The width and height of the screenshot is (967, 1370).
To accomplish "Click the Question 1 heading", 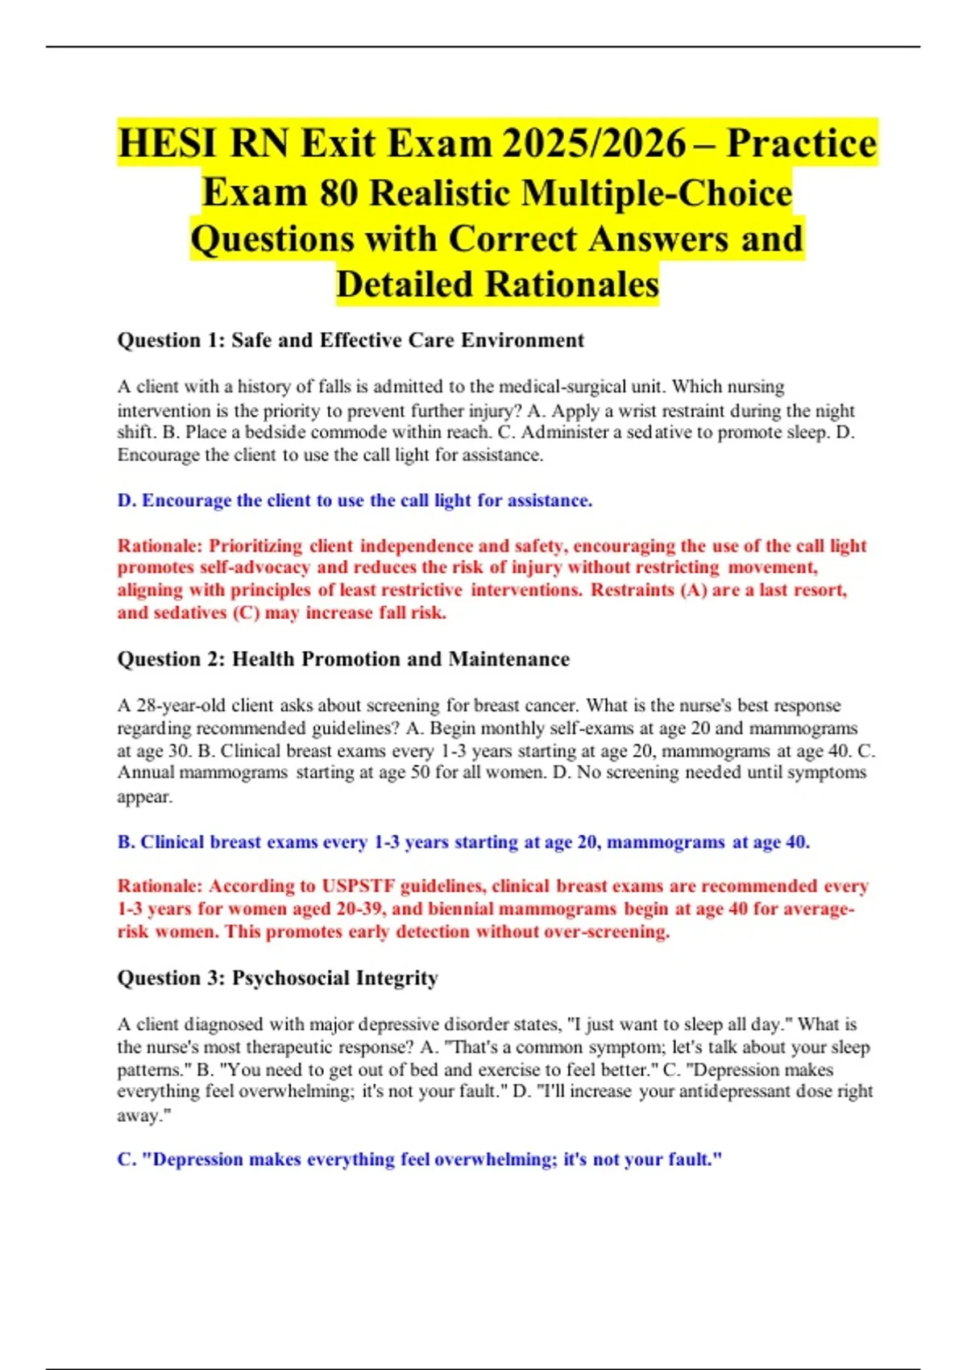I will point(351,340).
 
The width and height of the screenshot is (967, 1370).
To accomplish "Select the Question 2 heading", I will point(343,659).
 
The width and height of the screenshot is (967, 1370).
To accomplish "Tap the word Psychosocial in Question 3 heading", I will point(291,978).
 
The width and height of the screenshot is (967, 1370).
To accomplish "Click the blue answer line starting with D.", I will point(355,500).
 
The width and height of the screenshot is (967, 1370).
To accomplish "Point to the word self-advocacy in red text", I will point(255,567).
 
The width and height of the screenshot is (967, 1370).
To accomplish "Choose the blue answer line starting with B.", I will point(463,842).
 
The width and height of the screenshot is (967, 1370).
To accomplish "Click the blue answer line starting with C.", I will point(419,1160).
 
